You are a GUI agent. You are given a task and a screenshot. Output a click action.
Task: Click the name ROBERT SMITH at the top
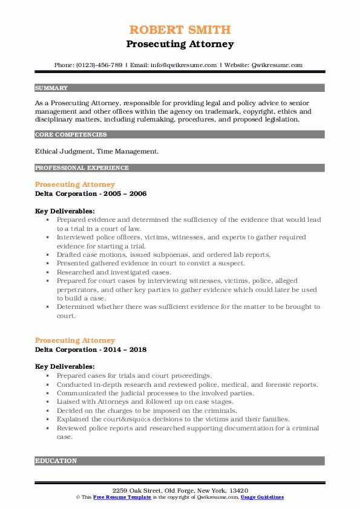180,30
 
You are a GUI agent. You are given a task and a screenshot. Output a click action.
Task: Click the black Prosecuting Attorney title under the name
180,44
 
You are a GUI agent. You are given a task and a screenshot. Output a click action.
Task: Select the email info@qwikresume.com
176,65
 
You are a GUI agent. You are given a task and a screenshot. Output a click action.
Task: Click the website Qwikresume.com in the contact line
275,65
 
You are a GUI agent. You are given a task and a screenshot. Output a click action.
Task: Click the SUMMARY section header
51,88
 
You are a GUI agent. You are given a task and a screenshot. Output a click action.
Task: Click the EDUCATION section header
56,461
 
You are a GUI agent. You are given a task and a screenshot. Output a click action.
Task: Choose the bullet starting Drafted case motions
163,254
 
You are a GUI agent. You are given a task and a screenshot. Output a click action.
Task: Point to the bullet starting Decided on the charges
147,409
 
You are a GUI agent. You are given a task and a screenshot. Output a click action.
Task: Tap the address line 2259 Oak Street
180,489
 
